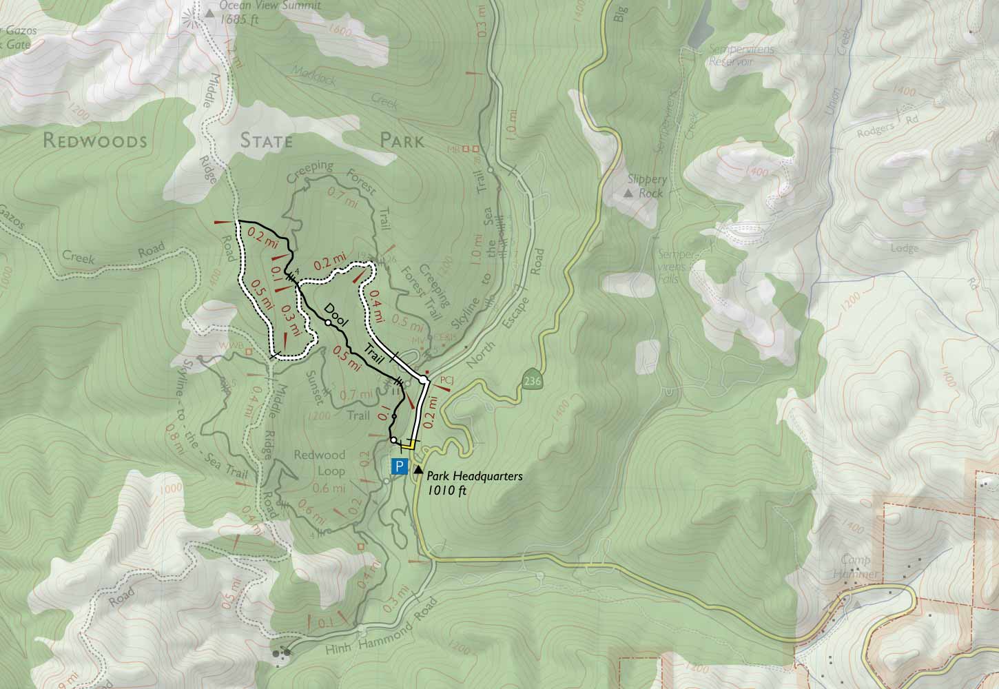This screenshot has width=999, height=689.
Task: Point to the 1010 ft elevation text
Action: [446, 491]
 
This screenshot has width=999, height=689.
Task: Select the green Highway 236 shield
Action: [531, 380]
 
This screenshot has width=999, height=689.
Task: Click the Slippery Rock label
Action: [644, 186]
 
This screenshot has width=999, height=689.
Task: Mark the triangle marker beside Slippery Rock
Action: [628, 194]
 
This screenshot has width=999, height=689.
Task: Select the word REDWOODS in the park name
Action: [95, 141]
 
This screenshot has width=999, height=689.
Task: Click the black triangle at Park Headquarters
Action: [418, 469]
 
